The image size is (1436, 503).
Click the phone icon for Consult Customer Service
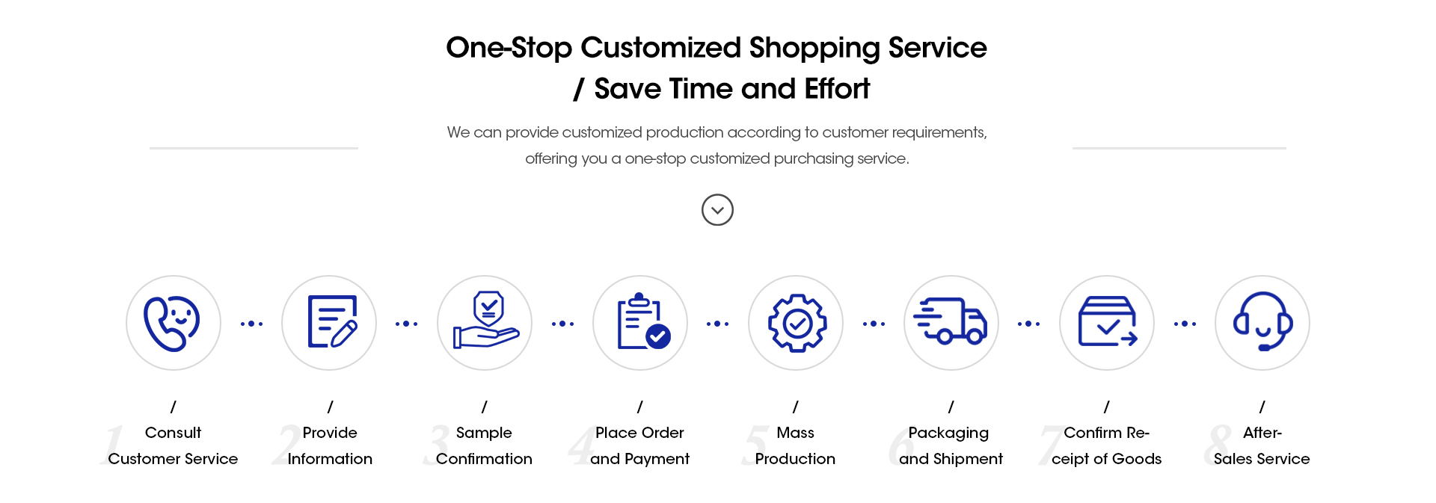click(172, 323)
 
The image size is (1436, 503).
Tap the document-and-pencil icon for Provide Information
click(332, 321)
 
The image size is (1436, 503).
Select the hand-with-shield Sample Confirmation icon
click(486, 320)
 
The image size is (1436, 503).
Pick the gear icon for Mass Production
click(797, 323)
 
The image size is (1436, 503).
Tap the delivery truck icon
click(951, 321)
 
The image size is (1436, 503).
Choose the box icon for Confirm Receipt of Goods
click(1108, 321)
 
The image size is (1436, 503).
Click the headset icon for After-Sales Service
click(1262, 321)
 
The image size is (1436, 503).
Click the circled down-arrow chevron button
click(717, 210)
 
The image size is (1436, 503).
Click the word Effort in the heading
click(837, 89)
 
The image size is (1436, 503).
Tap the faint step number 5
click(755, 445)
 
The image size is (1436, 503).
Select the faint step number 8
click(1218, 445)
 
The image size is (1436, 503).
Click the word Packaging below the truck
click(948, 433)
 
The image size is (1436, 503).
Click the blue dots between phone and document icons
click(251, 324)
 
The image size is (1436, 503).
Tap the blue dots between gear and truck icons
click(874, 324)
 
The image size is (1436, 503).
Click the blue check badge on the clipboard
click(658, 336)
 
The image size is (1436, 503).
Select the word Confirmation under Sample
click(484, 459)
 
